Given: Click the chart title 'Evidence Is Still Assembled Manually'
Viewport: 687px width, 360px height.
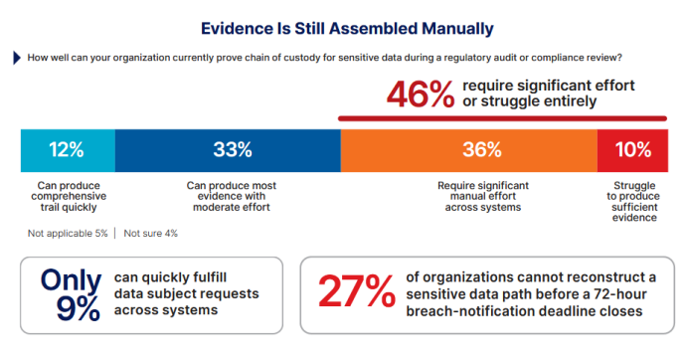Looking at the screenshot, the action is (347, 29).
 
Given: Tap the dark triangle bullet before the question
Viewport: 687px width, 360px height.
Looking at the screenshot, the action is (17, 58).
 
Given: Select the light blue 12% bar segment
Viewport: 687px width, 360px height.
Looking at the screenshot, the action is (68, 150).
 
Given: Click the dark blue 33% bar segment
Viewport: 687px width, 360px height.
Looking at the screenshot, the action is (228, 150).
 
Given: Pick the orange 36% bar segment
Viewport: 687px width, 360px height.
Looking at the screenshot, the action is (469, 150).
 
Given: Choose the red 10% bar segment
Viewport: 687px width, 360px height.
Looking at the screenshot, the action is (632, 150).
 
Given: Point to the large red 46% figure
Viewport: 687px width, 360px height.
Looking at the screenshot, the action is (421, 93).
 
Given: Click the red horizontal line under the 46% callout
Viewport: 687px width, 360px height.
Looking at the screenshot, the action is (502, 118).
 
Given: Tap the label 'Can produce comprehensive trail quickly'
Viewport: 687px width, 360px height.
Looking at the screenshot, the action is (69, 196).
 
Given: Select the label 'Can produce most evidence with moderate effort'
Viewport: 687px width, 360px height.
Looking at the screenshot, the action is (232, 196).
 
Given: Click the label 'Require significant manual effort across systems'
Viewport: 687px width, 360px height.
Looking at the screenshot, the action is (483, 196).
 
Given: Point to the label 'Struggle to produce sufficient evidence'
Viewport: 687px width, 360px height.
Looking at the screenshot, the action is (633, 201).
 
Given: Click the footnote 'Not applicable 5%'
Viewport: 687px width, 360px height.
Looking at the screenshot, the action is (68, 234).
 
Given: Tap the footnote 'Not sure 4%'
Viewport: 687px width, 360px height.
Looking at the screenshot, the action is (151, 234).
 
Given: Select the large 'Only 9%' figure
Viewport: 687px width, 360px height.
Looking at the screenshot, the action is (72, 293).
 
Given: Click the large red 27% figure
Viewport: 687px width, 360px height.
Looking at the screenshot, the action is (357, 291).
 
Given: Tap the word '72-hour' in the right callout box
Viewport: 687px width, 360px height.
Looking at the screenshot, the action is (619, 293).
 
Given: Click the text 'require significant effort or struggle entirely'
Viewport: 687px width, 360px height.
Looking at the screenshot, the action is (549, 92).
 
